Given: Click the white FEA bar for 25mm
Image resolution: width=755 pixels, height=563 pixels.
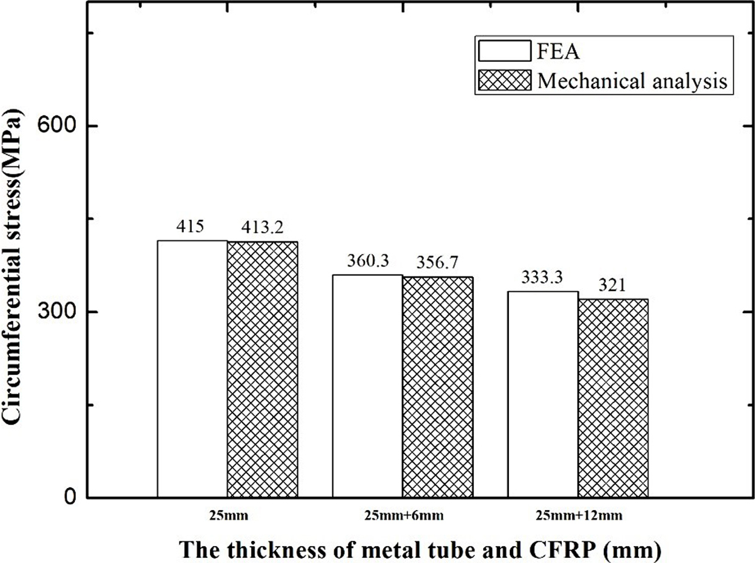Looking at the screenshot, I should [192, 368].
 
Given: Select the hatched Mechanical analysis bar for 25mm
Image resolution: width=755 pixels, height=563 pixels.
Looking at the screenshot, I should [262, 370].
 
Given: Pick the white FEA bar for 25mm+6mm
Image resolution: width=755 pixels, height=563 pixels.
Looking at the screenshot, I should [367, 385].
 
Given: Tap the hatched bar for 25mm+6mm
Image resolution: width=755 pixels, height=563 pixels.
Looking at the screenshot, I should [438, 387].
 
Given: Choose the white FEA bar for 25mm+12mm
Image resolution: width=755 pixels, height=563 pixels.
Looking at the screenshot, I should [543, 394].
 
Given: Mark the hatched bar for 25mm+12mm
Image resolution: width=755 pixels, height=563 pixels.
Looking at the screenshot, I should [613, 398].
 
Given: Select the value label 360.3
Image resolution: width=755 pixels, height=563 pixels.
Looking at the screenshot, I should [367, 261].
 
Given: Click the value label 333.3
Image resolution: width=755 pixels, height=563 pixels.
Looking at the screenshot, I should [542, 278].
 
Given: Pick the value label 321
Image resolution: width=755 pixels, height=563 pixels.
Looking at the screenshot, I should [612, 285].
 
